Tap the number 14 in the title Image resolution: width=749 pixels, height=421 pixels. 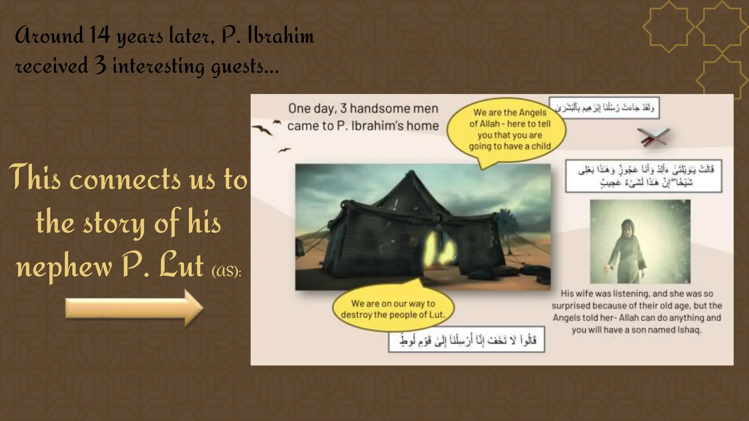click(99, 36)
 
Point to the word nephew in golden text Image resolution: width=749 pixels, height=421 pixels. click(64, 267)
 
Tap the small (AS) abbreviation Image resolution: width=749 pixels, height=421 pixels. click(226, 271)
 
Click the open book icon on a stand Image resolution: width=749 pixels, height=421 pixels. click(654, 137)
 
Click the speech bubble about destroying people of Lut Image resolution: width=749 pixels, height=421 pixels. click(393, 309)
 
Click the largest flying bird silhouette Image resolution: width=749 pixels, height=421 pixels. click(263, 129)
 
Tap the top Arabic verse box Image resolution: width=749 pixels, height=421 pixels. click(604, 108)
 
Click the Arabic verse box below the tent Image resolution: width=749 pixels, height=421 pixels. click(466, 340)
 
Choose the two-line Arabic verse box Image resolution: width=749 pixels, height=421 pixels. click(644, 176)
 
